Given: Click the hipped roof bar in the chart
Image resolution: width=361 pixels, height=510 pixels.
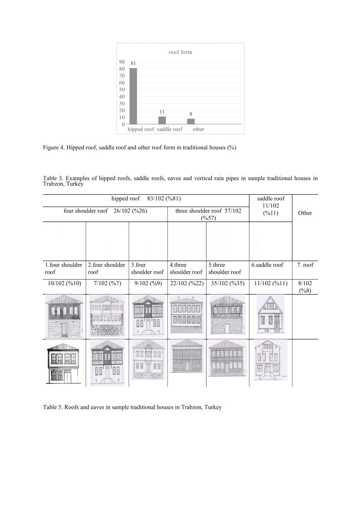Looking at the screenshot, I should coord(133,96).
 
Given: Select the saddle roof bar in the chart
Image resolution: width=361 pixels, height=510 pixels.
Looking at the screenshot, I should coord(162,120).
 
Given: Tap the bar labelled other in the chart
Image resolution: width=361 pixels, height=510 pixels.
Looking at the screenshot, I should coord(191,122).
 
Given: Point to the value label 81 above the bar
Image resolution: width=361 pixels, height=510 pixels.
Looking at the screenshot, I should coord(133,64).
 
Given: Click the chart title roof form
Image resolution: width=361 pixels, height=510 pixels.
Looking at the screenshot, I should coord(180,52).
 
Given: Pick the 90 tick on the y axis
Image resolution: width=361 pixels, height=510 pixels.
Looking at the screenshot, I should coord(122,62).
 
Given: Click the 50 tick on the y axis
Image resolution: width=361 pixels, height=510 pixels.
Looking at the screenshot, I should coord(122,90).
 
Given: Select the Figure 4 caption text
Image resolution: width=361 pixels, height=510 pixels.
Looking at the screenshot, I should coord(139,147).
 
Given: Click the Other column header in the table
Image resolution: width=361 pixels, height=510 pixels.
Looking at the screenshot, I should coord(305,213).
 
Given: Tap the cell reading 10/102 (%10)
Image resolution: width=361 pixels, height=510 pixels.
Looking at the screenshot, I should coord(63,283).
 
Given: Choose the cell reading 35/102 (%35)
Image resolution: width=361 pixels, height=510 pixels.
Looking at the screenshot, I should coord(227,283).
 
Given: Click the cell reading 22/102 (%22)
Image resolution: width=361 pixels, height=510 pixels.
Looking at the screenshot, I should coord(187,283).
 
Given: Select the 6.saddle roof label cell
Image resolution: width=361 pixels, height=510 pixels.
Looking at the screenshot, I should coord(267,265).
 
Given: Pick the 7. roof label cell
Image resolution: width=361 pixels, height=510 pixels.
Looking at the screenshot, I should coord(305,265).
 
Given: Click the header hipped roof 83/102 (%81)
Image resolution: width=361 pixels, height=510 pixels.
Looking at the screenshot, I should coord(147,198).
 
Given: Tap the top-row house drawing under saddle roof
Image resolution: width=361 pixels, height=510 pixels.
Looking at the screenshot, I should coord(270,316).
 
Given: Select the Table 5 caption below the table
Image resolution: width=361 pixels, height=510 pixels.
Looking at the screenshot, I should coord(132,407).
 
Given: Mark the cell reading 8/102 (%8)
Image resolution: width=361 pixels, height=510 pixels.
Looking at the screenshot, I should coord(305,287).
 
